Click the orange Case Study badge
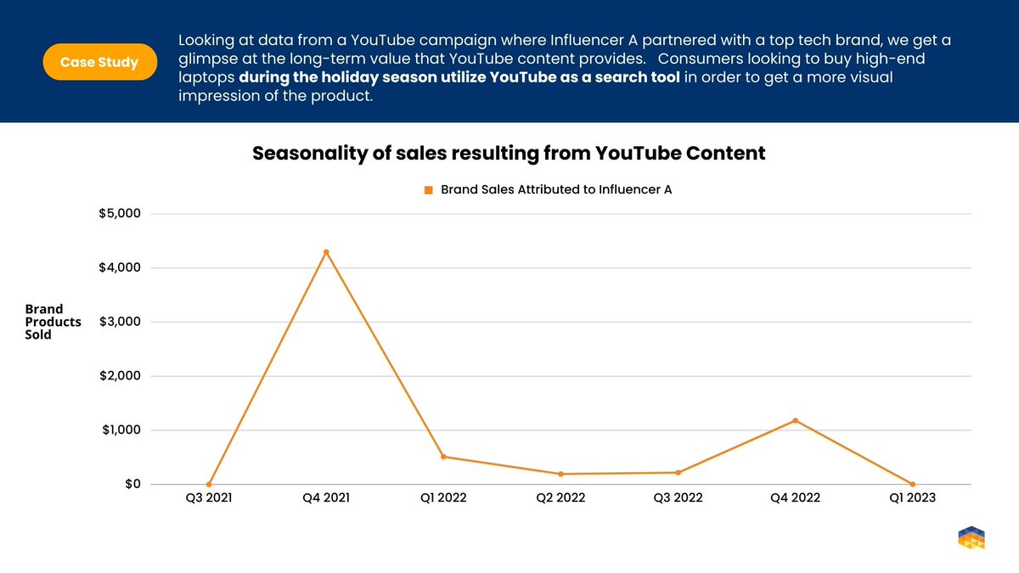click(99, 62)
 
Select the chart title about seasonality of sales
click(509, 154)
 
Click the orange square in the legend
click(429, 190)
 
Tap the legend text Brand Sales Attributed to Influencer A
click(556, 190)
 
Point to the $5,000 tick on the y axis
click(120, 213)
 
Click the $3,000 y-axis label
click(120, 322)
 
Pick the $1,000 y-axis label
click(120, 430)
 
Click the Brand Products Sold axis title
click(53, 322)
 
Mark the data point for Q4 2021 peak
click(326, 252)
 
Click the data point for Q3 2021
click(209, 484)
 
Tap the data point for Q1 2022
click(443, 457)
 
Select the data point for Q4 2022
click(796, 420)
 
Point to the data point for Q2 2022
click(560, 474)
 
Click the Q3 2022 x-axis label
click(678, 498)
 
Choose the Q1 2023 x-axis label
click(912, 498)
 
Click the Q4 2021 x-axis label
click(326, 498)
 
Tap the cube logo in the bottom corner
click(971, 537)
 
